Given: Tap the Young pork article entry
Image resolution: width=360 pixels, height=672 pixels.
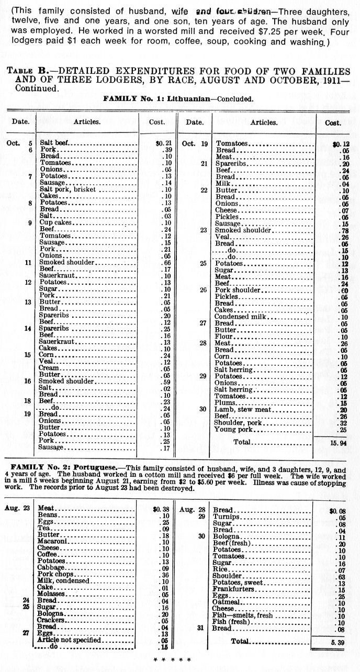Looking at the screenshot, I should (x=234, y=430).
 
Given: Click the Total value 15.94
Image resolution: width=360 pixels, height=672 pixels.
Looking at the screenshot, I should (x=334, y=442).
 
